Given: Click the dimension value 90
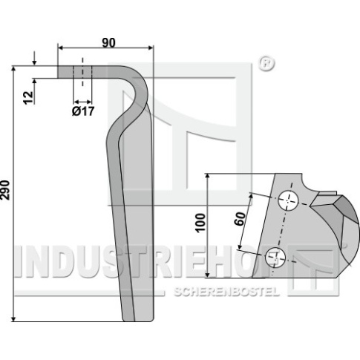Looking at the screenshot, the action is click(108, 43).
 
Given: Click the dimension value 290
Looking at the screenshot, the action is click(5, 190).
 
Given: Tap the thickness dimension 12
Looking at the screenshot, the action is click(28, 98).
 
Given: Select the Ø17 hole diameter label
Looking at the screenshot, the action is click(83, 111).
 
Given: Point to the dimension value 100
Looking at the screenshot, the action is click(200, 223).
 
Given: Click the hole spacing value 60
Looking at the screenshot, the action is click(240, 219).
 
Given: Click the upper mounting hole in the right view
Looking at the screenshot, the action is click(288, 200).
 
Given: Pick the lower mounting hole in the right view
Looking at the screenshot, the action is click(275, 257).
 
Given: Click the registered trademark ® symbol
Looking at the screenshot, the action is click(266, 64).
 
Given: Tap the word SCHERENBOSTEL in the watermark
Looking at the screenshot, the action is click(226, 292).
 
